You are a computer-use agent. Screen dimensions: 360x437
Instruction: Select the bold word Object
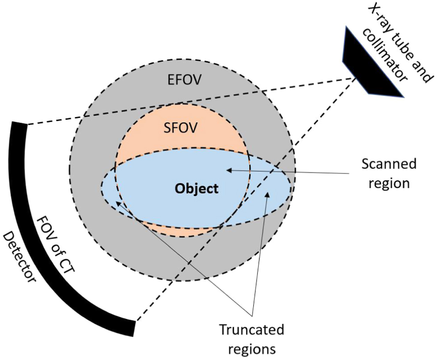point(197,189)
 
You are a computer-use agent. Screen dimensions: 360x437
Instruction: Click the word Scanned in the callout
point(389,165)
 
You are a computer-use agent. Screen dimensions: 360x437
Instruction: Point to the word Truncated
point(251,330)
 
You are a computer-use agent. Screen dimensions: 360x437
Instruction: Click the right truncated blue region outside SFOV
point(272,189)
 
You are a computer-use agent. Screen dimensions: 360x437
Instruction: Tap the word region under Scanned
point(389,183)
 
